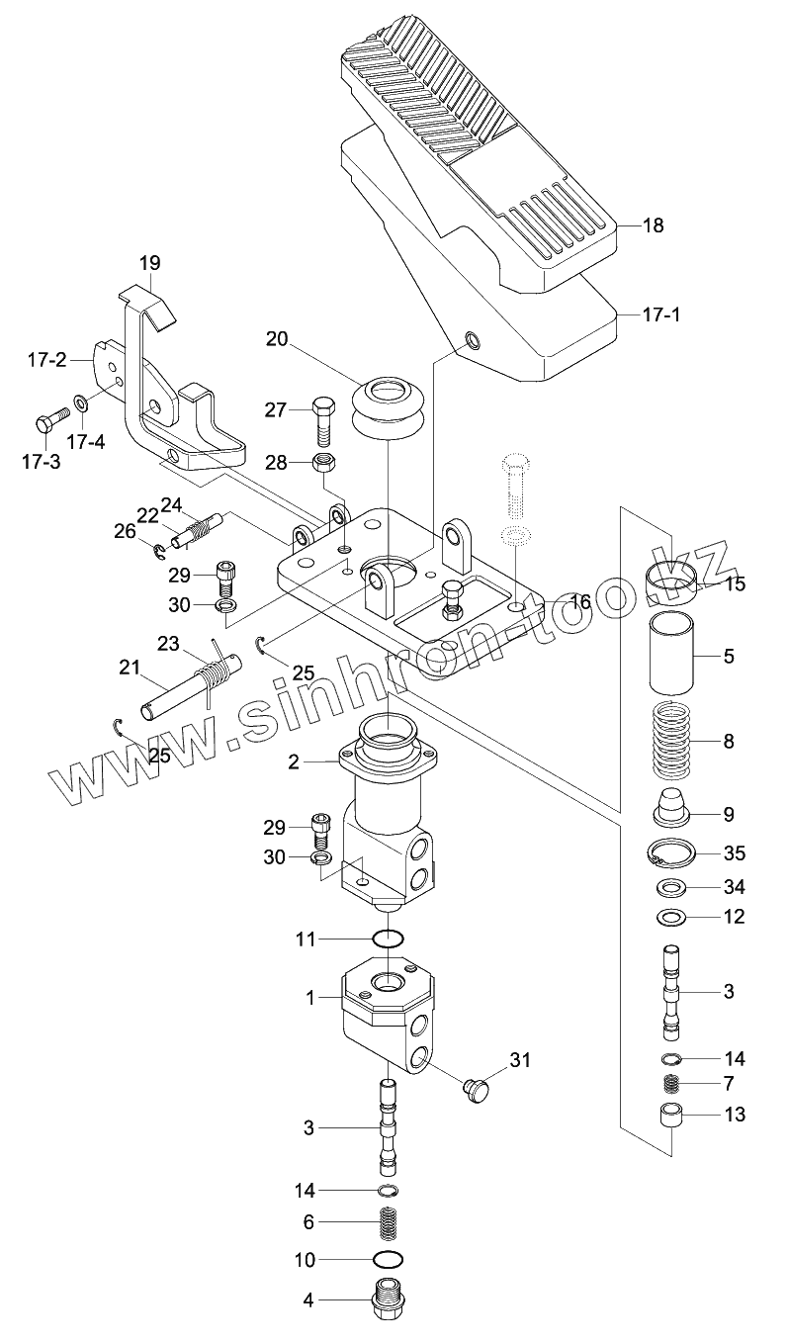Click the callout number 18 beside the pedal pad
pyautogui.click(x=654, y=226)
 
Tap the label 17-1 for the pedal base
pyautogui.click(x=662, y=314)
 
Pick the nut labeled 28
pyautogui.click(x=323, y=462)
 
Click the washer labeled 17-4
pyautogui.click(x=81, y=402)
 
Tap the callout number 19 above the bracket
pyautogui.click(x=150, y=263)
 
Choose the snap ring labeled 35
pyautogui.click(x=671, y=852)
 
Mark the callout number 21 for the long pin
pyautogui.click(x=130, y=668)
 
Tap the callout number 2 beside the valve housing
pyautogui.click(x=294, y=762)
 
